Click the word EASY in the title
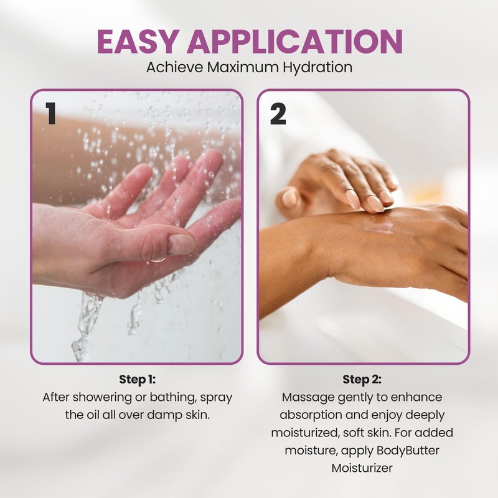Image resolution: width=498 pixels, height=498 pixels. [137, 41]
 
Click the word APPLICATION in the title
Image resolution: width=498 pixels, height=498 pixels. [295, 41]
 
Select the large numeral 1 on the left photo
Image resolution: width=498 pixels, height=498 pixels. [50, 113]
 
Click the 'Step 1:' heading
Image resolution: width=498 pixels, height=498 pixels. [137, 380]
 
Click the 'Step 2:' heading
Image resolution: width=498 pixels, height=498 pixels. [362, 380]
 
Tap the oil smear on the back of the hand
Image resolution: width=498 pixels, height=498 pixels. [378, 227]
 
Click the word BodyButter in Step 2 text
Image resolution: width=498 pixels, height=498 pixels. [408, 450]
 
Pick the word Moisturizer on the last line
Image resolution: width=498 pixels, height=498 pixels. [362, 468]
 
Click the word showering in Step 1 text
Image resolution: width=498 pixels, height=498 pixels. [100, 398]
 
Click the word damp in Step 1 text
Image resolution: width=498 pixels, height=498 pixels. [164, 415]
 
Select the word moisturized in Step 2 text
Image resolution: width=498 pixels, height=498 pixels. [305, 433]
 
